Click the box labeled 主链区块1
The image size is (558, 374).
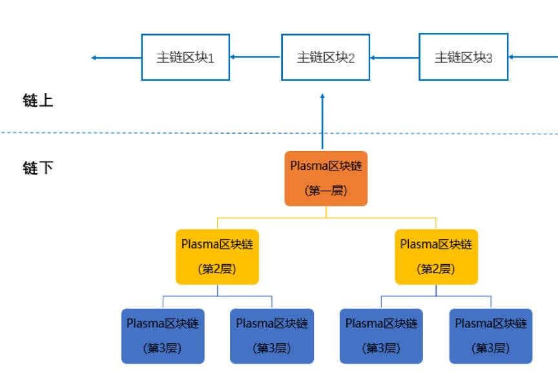[185, 57]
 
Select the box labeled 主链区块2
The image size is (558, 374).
[325, 57]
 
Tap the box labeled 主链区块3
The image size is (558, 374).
[463, 57]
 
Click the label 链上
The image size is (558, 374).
[37, 101]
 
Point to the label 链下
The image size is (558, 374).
[37, 169]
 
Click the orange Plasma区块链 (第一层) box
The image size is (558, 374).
[325, 179]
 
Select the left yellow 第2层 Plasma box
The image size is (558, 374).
[217, 256]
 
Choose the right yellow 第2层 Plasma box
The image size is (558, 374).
[436, 256]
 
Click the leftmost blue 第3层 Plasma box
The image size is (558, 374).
[163, 336]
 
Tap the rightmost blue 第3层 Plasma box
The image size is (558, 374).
[491, 336]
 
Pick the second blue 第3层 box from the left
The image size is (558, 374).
[272, 336]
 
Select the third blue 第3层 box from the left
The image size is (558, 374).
[381, 336]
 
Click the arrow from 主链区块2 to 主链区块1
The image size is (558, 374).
[255, 57]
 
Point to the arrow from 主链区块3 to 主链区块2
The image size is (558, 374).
[394, 57]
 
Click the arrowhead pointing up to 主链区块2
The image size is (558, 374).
[322, 97]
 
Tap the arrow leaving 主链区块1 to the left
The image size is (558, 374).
[116, 57]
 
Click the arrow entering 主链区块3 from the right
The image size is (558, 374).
[533, 57]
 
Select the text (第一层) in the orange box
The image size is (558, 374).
[325, 191]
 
